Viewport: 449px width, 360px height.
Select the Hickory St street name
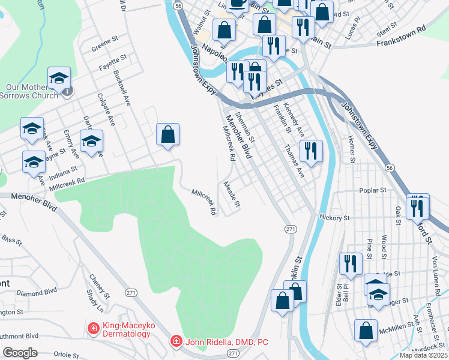click(x=334, y=217)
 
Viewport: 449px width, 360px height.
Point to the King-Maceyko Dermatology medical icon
click(x=93, y=328)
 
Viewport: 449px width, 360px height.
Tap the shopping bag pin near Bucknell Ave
click(x=168, y=135)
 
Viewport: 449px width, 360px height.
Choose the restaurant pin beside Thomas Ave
click(x=310, y=151)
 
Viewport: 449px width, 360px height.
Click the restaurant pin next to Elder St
click(x=351, y=263)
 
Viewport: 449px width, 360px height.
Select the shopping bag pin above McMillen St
click(x=366, y=331)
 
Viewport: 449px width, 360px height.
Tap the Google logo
click(x=20, y=353)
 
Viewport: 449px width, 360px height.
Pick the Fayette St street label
click(x=113, y=63)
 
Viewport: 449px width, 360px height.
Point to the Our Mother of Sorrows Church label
click(x=28, y=91)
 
